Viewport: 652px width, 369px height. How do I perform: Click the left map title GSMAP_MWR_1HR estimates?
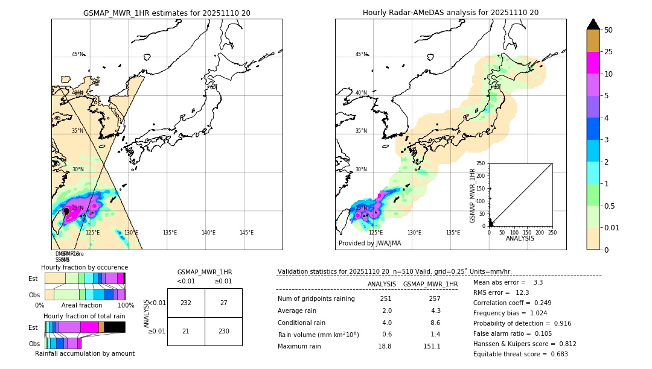[167, 13]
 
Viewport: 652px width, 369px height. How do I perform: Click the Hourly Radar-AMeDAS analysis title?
[450, 13]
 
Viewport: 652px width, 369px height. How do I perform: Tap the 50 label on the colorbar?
[609, 30]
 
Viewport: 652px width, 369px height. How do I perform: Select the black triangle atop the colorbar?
[593, 24]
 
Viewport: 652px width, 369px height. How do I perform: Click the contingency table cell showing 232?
[186, 303]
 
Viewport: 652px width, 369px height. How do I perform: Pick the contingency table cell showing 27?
[223, 303]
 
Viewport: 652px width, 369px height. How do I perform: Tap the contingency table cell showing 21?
[186, 332]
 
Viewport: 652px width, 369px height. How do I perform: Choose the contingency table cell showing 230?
[223, 332]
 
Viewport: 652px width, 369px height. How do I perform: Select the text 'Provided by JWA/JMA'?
[369, 243]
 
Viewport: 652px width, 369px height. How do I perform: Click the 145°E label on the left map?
[246, 233]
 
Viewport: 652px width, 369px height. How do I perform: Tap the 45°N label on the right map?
[361, 54]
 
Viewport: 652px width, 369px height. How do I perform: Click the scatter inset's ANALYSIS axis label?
[521, 238]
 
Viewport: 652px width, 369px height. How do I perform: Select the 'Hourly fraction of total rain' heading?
[85, 317]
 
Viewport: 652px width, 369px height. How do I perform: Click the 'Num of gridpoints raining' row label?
[316, 299]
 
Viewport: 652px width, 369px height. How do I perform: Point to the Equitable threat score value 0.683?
[554, 354]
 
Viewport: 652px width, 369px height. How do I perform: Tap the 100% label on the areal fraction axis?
[126, 306]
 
